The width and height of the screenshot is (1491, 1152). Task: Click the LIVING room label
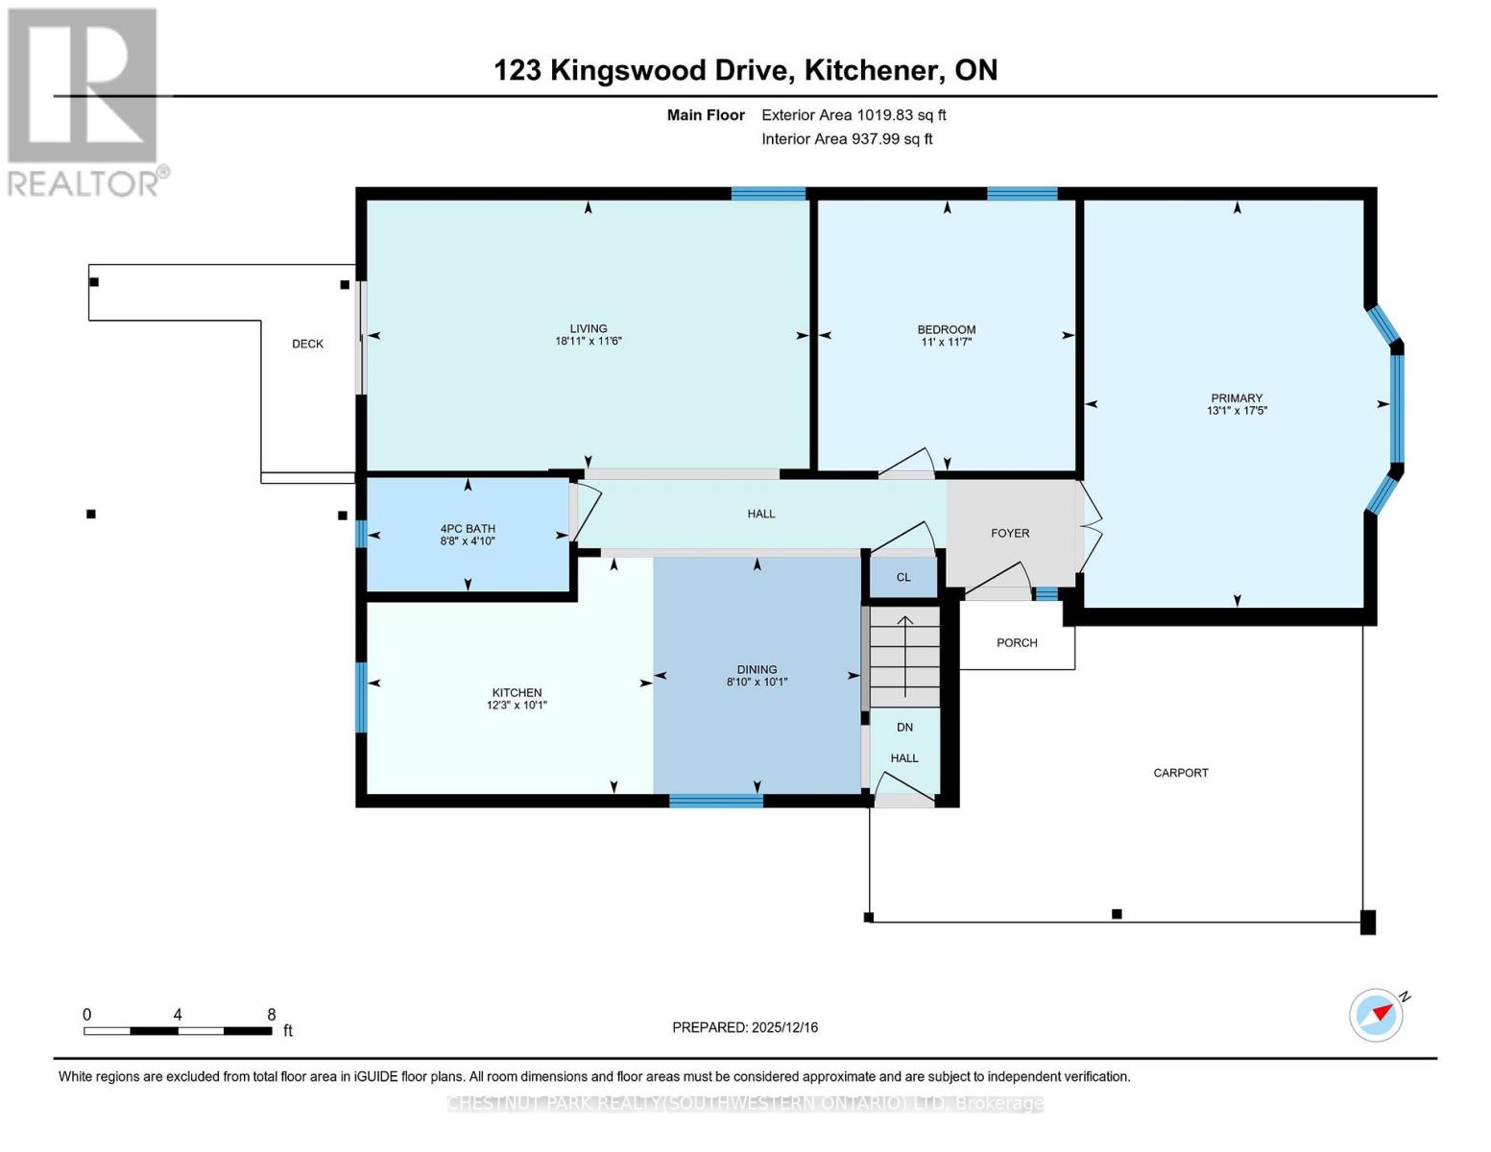pos(588,328)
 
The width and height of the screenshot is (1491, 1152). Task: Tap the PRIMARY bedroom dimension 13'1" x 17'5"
pos(1237,411)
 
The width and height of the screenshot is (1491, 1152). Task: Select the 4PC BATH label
pos(468,528)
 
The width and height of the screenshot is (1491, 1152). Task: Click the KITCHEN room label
pos(517,692)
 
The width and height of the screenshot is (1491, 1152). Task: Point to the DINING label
pos(757,669)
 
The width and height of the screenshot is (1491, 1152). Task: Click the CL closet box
pos(902,577)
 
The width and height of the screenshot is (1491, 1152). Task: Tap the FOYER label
pos(1009,533)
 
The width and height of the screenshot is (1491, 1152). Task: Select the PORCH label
pos(1017,642)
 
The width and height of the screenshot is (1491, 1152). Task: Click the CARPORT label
pos(1180,772)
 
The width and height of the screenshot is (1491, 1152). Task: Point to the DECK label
pos(307,344)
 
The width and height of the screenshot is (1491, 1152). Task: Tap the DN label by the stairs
pos(904,727)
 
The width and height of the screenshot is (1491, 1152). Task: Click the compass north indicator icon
pos(1377,1014)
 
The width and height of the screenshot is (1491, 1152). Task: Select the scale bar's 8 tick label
pos(272,1015)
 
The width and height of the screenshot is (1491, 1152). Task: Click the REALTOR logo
pos(84,102)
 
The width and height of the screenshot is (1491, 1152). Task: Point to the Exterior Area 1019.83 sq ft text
pos(854,115)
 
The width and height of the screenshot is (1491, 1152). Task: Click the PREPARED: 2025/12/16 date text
pos(745,1027)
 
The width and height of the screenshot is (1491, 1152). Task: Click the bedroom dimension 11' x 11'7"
pos(946,342)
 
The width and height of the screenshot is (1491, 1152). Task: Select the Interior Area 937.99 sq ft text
pos(847,139)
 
